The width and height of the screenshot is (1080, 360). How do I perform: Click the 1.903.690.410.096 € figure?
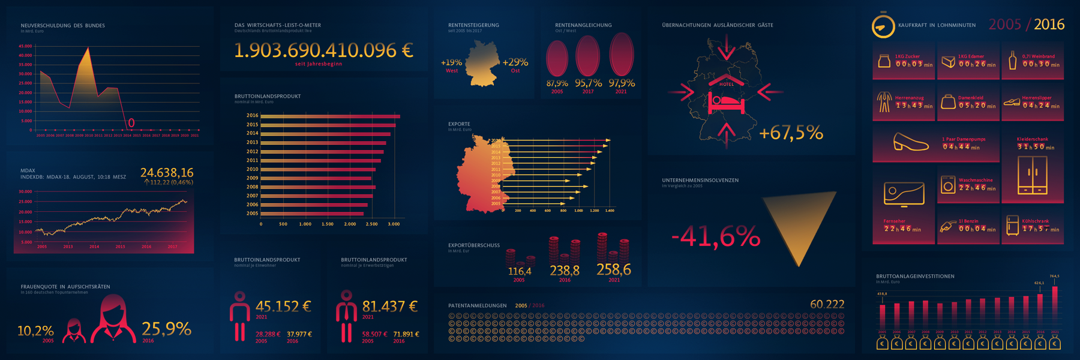click(323, 50)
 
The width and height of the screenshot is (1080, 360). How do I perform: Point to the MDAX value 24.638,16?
click(167, 173)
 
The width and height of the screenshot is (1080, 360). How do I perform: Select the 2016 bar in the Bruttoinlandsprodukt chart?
click(330, 116)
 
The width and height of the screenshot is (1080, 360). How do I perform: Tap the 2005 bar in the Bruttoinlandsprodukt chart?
click(312, 214)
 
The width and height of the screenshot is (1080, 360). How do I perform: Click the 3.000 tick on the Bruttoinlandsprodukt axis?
click(394, 224)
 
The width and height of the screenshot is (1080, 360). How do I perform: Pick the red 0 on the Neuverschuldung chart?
click(131, 123)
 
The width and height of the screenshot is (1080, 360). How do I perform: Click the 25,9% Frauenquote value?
click(166, 329)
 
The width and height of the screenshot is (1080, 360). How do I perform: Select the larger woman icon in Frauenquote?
click(113, 319)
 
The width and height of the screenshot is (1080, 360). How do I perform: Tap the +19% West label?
click(451, 63)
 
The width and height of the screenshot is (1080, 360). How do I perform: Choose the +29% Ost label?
click(515, 63)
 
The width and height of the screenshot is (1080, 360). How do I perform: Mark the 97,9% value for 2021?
click(621, 83)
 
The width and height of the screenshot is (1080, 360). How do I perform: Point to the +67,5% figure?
click(791, 133)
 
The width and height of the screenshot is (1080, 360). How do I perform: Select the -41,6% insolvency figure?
click(715, 237)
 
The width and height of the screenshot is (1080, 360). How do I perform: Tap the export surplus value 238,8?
click(565, 271)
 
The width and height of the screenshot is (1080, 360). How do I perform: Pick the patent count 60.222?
click(827, 304)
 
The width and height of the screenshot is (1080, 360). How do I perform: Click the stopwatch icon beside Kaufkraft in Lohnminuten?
click(883, 26)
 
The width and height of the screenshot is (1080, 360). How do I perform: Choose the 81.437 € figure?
click(390, 307)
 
